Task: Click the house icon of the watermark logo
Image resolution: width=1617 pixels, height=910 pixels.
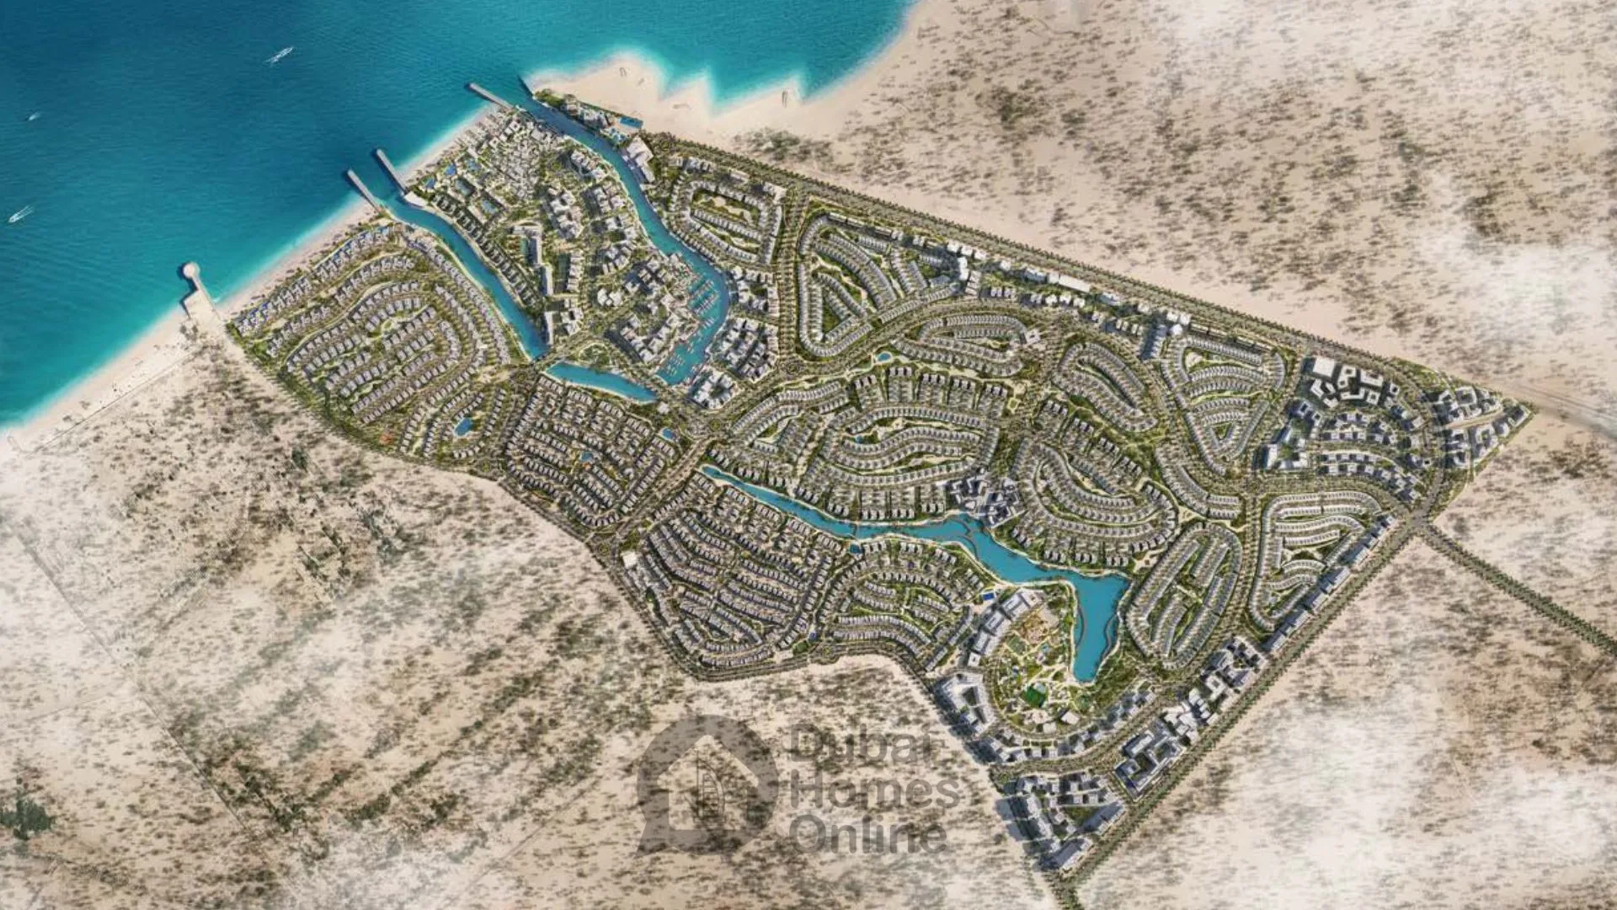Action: [x=707, y=784]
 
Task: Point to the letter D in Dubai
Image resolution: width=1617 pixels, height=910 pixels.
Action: [x=809, y=745]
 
